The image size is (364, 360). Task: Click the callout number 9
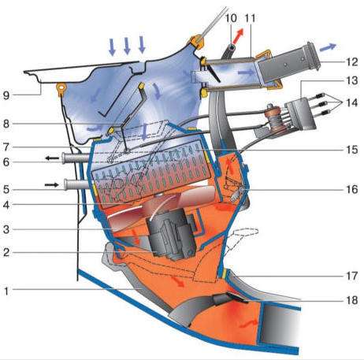(x=6, y=95)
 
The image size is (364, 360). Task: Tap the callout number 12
(x=351, y=62)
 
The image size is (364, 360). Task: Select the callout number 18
(x=352, y=300)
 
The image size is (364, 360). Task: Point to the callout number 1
(x=6, y=291)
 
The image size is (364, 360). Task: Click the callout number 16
(x=352, y=189)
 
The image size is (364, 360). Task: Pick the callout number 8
(x=6, y=124)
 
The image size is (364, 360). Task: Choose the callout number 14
(x=352, y=102)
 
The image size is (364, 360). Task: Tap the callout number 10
(x=231, y=18)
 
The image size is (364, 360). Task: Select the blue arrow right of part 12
(x=328, y=46)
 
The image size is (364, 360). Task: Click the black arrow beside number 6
(x=53, y=158)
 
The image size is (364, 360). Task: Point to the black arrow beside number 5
(x=51, y=185)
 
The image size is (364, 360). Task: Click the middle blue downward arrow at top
(x=127, y=46)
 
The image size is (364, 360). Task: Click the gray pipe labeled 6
(x=76, y=158)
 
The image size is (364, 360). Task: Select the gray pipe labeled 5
(x=78, y=184)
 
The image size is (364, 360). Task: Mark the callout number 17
(x=352, y=276)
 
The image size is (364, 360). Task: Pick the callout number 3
(x=6, y=229)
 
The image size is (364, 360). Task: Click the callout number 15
(x=352, y=150)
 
